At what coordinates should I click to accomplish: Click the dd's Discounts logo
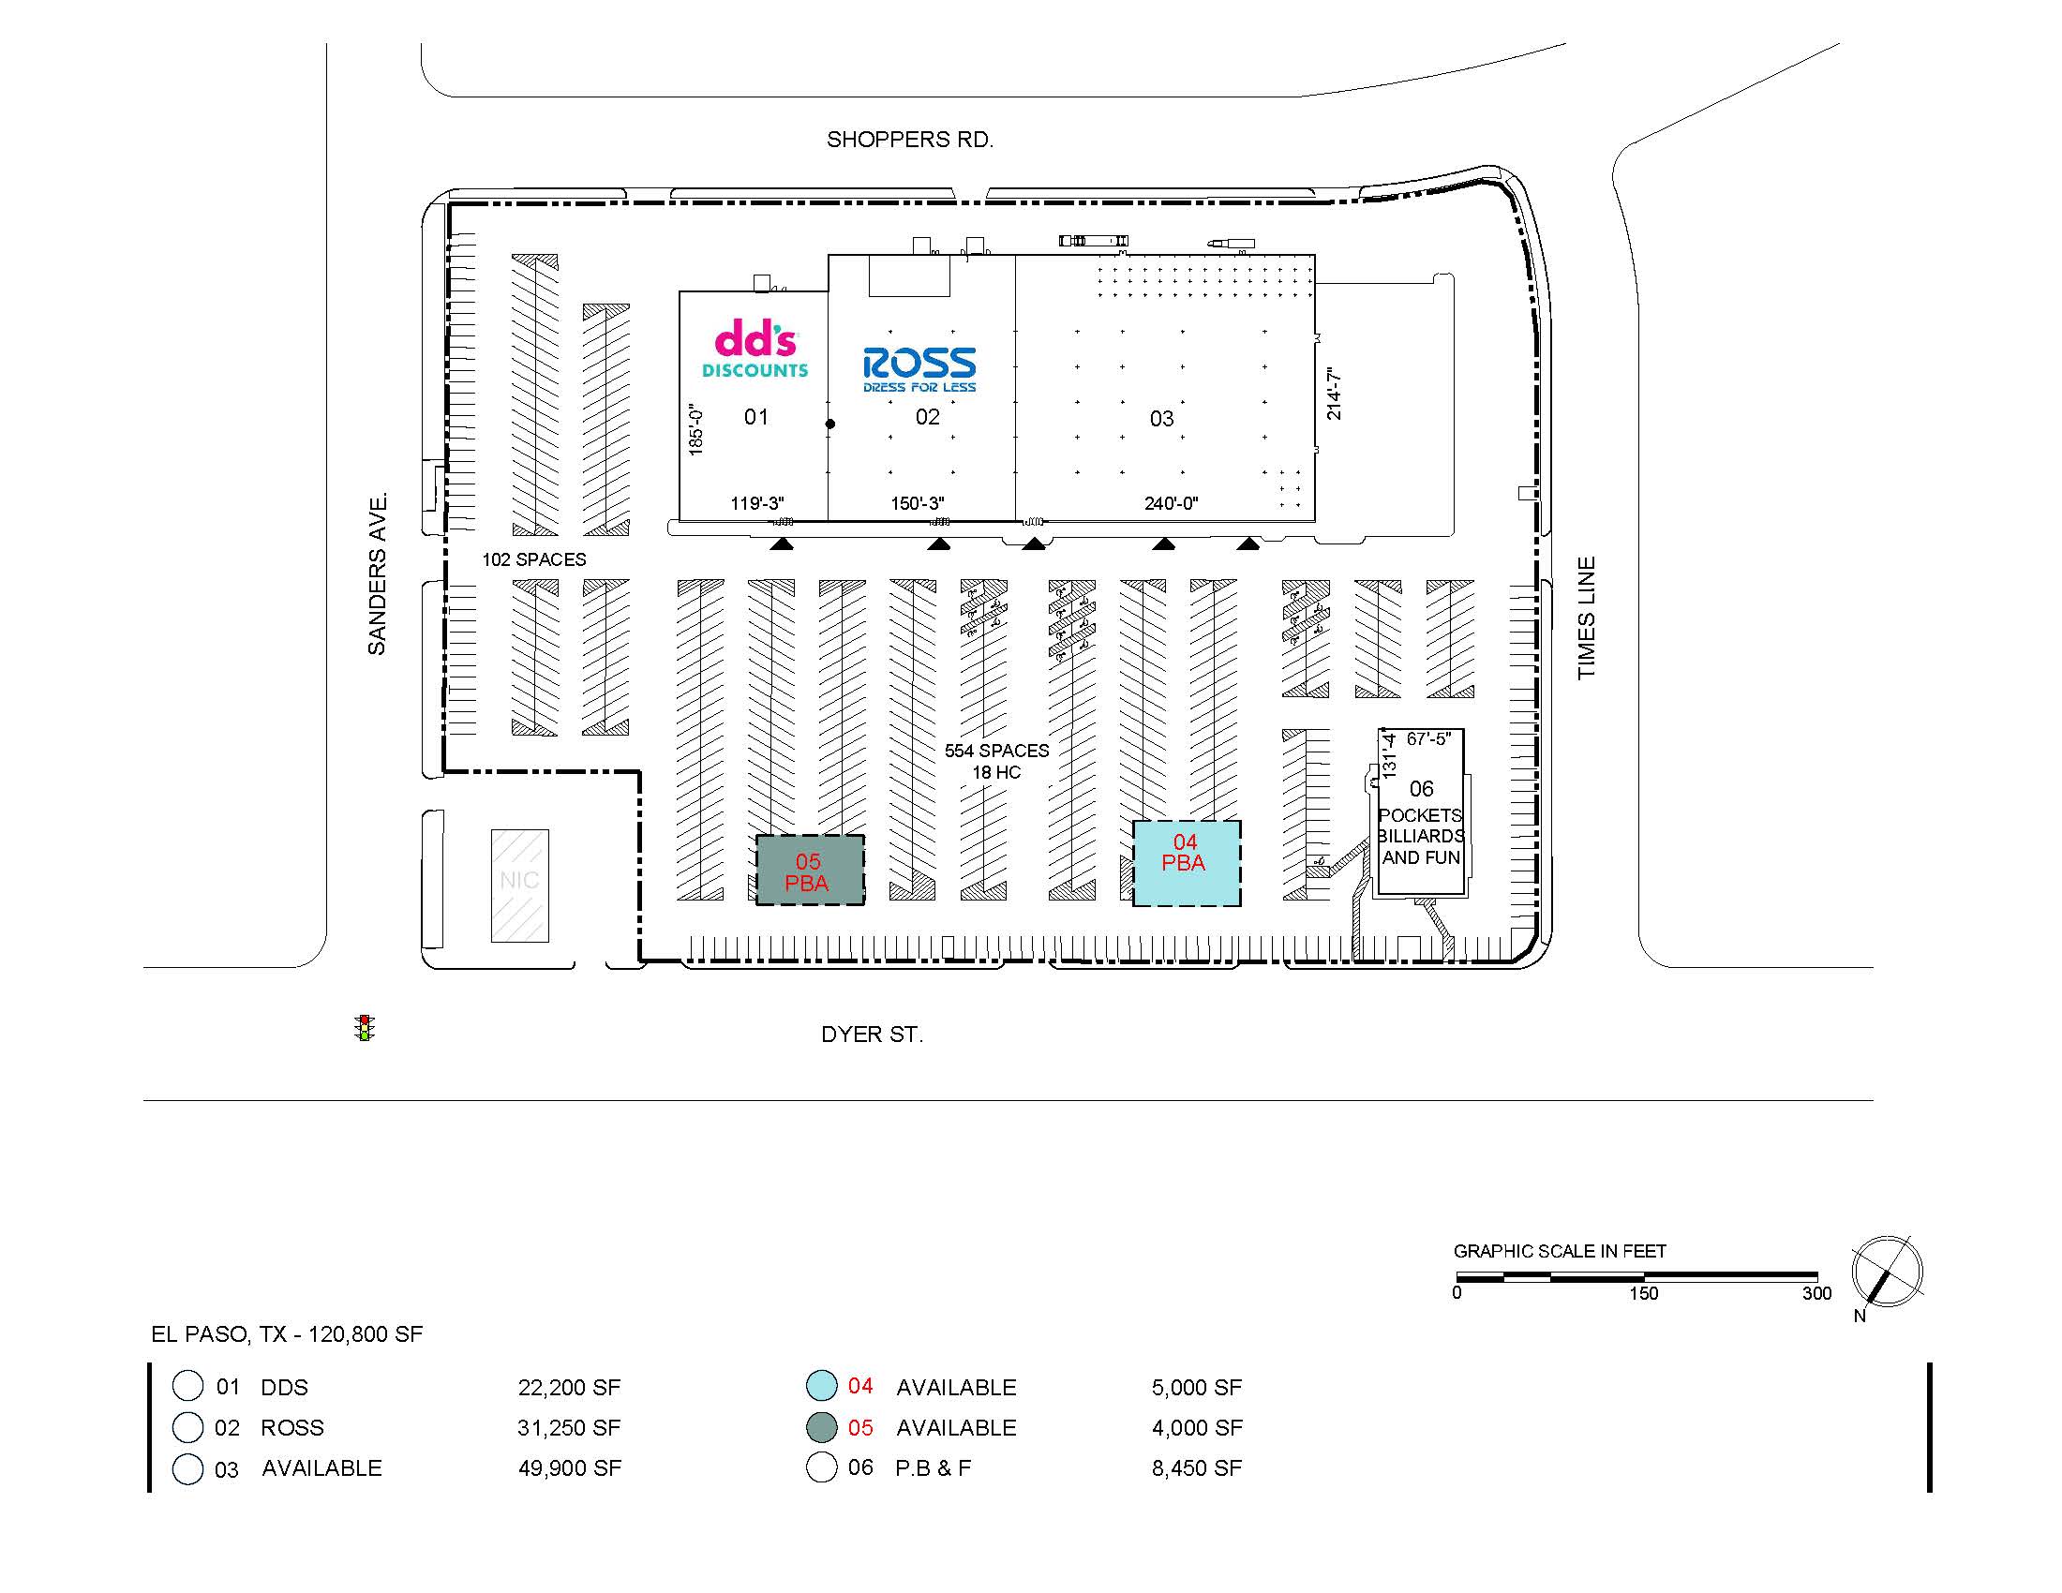tap(755, 349)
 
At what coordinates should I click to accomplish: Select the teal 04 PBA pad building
tap(1187, 864)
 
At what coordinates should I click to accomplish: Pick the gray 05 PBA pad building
tap(810, 871)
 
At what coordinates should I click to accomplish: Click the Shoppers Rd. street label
tap(910, 140)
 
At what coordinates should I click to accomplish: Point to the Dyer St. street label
tap(872, 1035)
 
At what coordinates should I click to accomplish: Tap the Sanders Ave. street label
tap(378, 573)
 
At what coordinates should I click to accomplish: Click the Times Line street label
tap(1586, 618)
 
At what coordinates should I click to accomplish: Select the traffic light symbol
tap(366, 1028)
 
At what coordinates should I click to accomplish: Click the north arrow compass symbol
tap(1887, 1272)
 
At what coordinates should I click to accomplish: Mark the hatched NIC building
tap(519, 886)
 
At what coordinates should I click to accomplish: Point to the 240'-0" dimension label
tap(1171, 504)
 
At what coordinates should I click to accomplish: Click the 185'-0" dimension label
tap(696, 429)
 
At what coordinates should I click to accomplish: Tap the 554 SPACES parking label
tap(997, 751)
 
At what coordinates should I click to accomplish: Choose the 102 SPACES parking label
tap(534, 559)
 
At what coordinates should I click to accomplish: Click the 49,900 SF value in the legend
tap(569, 1468)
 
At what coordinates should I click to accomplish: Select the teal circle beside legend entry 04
tap(821, 1385)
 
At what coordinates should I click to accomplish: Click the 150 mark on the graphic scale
tap(1643, 1294)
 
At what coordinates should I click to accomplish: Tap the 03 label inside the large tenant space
tap(1161, 419)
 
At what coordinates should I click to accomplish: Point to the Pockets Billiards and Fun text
tap(1421, 836)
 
